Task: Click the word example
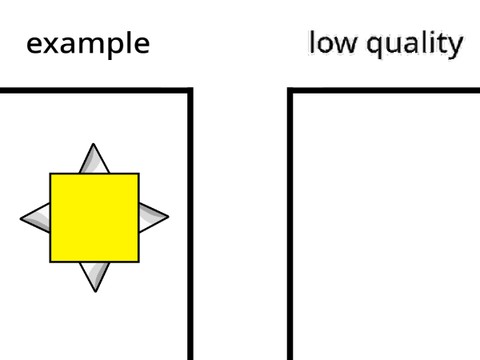(x=88, y=44)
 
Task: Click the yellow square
(x=94, y=217)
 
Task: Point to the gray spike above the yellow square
(x=94, y=159)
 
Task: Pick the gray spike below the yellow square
(x=94, y=275)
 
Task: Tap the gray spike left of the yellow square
(x=35, y=216)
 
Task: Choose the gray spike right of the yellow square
(x=153, y=215)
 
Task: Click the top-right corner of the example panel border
(x=190, y=91)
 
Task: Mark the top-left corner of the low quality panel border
(x=291, y=91)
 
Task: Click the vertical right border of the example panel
(x=190, y=230)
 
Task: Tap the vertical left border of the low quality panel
(x=291, y=230)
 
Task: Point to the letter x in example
(x=49, y=44)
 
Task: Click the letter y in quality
(x=455, y=46)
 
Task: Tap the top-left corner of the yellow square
(x=51, y=174)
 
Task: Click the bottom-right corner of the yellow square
(x=138, y=261)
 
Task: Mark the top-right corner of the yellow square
(x=138, y=174)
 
